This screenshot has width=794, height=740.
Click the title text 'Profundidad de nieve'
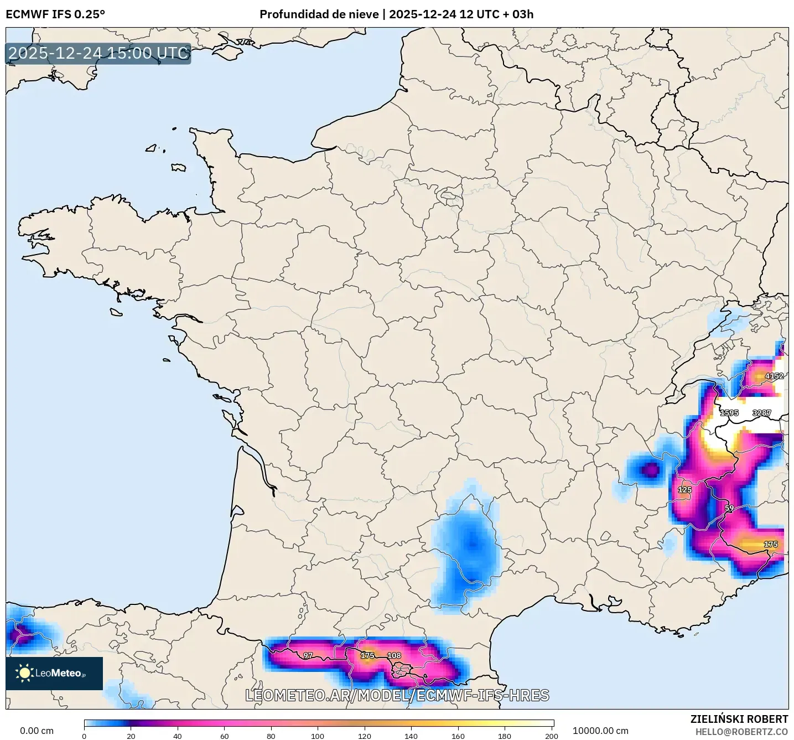click(x=319, y=14)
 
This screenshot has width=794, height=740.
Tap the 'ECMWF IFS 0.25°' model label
click(x=55, y=14)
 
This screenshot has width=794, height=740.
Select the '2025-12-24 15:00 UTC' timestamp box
click(x=98, y=53)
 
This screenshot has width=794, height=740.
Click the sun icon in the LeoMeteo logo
click(x=25, y=673)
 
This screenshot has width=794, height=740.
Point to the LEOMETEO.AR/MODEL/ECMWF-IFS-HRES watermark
click(x=397, y=695)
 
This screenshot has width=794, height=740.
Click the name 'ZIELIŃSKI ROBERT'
click(x=739, y=719)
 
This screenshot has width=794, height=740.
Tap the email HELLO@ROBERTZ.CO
click(x=741, y=732)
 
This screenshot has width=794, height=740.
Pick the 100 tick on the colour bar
click(x=318, y=736)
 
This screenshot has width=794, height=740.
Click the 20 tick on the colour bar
click(x=131, y=736)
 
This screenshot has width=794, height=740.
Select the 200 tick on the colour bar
click(x=551, y=736)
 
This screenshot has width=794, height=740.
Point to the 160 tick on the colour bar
click(x=458, y=736)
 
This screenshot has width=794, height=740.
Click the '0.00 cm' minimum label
click(x=37, y=731)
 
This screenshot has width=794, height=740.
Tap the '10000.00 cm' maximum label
click(x=600, y=731)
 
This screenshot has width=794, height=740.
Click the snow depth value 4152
click(x=774, y=376)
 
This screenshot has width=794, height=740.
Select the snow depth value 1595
click(x=729, y=413)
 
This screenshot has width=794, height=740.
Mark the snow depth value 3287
click(x=762, y=413)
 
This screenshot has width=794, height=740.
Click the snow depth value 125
click(x=685, y=490)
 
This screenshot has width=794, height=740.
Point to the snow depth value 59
click(x=729, y=508)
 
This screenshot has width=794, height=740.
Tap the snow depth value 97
click(x=308, y=656)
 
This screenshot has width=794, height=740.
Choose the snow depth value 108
click(x=394, y=656)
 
